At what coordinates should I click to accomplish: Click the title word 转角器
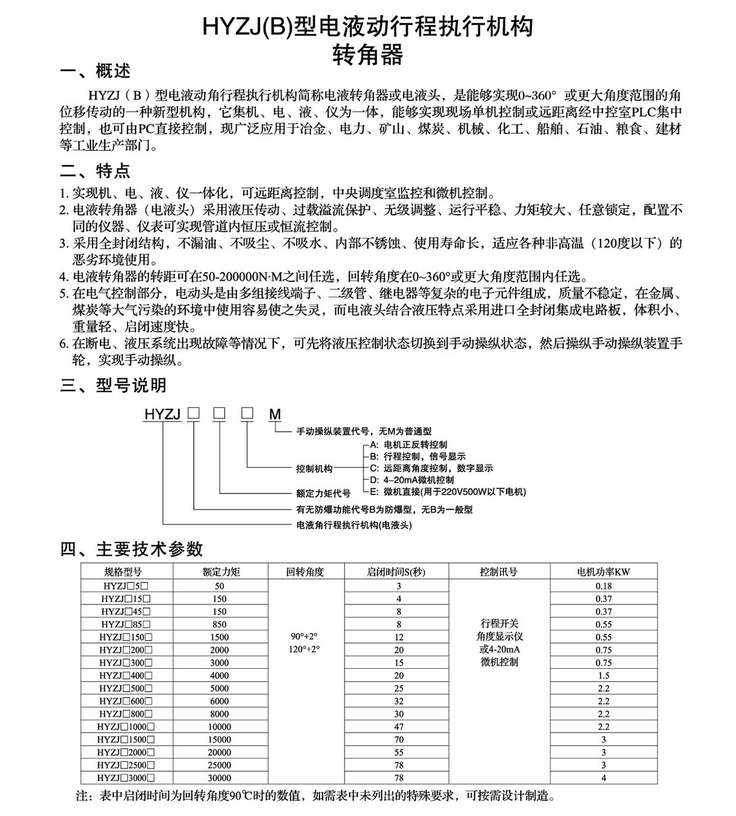(x=368, y=55)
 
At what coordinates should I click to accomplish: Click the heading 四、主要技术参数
(x=131, y=548)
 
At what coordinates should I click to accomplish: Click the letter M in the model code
(x=275, y=414)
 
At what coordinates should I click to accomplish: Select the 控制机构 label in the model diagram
(x=314, y=468)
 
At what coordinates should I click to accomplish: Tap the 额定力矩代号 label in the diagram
(x=323, y=493)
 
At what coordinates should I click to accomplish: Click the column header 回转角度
(x=305, y=572)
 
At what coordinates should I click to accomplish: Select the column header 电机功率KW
(x=604, y=572)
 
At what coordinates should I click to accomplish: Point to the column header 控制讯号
(x=499, y=572)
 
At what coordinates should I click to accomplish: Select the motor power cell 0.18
(x=604, y=585)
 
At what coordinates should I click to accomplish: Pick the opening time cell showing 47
(x=399, y=726)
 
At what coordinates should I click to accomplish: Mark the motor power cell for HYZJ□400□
(x=604, y=675)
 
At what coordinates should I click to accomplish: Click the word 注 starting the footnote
(x=82, y=796)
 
